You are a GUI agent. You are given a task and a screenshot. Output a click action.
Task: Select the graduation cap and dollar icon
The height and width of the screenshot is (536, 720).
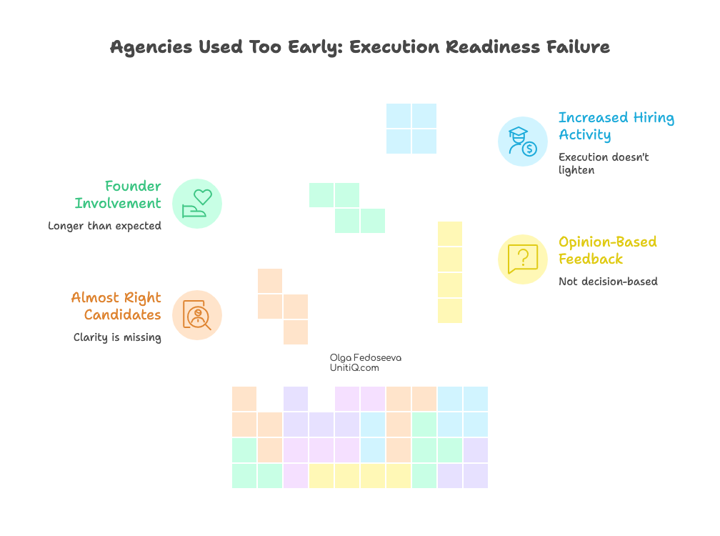click(x=522, y=141)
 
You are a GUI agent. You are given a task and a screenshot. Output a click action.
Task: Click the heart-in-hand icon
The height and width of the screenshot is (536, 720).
click(x=197, y=204)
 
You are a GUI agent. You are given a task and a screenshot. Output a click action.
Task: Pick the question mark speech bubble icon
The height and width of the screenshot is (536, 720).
click(x=522, y=259)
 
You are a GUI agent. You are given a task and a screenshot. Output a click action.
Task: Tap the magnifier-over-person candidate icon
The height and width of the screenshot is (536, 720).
click(x=197, y=315)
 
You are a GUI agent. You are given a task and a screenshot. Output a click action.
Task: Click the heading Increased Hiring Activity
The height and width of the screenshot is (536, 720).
click(x=616, y=126)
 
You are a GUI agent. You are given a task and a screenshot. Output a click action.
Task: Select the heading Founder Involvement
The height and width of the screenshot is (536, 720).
click(x=119, y=195)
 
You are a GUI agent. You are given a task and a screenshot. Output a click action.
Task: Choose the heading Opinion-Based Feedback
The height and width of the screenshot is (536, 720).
click(x=607, y=250)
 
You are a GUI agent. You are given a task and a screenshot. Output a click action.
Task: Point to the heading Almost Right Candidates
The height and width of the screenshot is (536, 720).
click(x=116, y=307)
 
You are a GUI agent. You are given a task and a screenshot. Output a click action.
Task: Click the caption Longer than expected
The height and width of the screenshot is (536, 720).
click(x=104, y=226)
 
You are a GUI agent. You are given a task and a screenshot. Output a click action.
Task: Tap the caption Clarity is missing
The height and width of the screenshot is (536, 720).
click(x=117, y=337)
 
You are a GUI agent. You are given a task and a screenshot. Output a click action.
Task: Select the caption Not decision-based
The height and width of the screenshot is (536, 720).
click(x=607, y=282)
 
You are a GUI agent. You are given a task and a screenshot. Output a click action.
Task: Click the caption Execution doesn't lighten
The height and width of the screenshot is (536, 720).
click(x=604, y=164)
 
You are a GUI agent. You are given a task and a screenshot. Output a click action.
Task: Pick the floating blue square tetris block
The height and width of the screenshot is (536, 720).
click(x=411, y=129)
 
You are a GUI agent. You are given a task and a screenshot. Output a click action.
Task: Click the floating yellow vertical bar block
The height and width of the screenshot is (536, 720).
click(x=450, y=272)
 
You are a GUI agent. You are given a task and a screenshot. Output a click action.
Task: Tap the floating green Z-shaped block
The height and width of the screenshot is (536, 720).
click(x=347, y=208)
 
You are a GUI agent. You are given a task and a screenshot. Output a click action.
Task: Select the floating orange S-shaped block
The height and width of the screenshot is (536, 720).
click(x=283, y=306)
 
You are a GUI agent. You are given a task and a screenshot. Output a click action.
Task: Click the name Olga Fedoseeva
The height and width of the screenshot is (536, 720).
click(x=365, y=357)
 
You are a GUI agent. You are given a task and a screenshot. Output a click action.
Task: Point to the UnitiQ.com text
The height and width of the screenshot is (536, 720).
click(x=354, y=367)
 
